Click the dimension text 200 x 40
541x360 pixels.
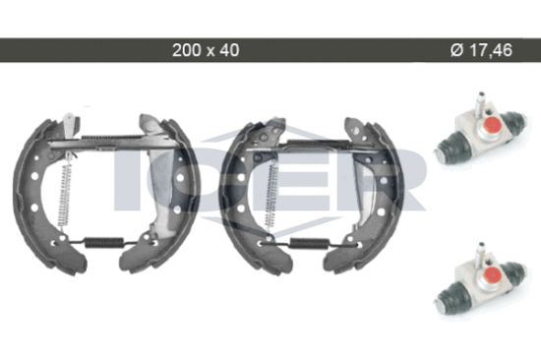206,50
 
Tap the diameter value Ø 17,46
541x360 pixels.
481,50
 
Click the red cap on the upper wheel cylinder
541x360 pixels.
492,125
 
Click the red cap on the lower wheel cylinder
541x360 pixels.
491,274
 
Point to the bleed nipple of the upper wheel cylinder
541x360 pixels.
480,103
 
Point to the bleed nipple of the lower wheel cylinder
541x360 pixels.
480,254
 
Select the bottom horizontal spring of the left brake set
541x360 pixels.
104,243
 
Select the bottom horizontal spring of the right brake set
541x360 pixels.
308,243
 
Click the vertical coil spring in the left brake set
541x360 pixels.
65,195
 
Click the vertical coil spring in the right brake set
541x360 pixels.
271,196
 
